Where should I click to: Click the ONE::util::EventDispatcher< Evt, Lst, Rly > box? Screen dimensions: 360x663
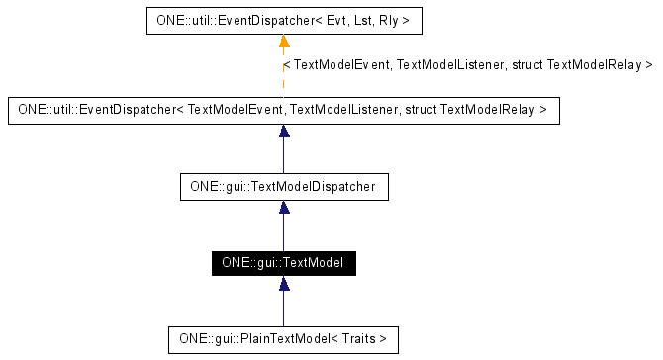pyautogui.click(x=283, y=19)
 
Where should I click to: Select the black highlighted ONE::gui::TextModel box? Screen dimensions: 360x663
pyautogui.click(x=283, y=263)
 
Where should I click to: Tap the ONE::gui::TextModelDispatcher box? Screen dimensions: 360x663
pyautogui.click(x=283, y=185)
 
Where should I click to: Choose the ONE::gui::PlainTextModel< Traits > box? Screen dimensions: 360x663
pyautogui.click(x=283, y=340)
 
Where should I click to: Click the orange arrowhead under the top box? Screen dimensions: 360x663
pyautogui.click(x=284, y=41)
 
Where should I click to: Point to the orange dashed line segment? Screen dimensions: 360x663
pyautogui.click(x=284, y=74)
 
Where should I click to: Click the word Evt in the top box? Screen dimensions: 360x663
pyautogui.click(x=330, y=19)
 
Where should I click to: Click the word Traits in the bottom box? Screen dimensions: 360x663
pyautogui.click(x=359, y=340)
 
